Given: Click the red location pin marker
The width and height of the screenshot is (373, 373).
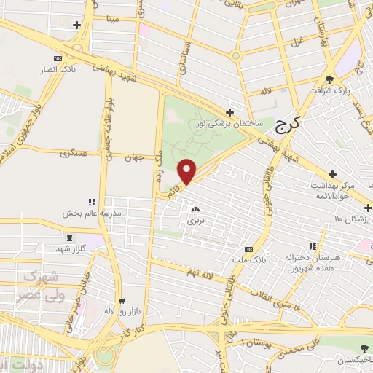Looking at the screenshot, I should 187,171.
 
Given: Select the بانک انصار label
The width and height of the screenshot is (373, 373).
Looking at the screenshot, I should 58,70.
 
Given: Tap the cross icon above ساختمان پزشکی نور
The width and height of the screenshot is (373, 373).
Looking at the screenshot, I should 230,112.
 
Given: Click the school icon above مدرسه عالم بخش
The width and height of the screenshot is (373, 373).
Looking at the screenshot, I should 91,202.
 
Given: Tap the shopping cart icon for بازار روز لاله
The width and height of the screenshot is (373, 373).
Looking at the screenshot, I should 122,301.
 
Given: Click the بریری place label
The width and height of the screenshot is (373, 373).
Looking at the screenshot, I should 195,219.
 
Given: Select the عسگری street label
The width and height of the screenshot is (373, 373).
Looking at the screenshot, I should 76,154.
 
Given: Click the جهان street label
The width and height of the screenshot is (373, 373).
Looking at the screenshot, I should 135,157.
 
